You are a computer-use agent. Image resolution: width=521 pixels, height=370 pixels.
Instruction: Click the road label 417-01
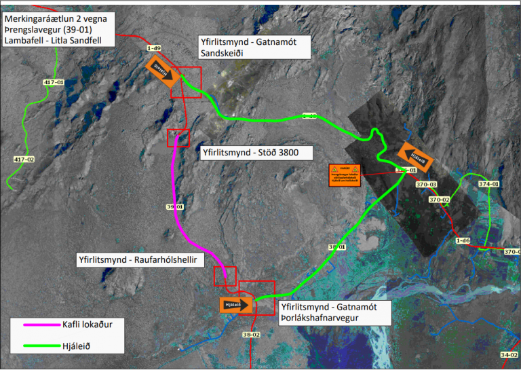pos(53,82)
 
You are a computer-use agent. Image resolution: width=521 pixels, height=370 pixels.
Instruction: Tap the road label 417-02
pos(24,159)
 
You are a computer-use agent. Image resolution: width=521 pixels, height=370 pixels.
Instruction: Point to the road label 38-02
pos(252,335)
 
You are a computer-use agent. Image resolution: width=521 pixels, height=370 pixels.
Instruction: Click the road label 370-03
pos(426,185)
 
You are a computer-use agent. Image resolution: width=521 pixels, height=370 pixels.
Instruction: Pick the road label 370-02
pos(440,200)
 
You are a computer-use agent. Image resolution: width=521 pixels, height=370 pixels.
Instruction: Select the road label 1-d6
pos(463,240)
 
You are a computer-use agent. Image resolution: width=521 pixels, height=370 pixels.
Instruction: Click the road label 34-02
pos(509,355)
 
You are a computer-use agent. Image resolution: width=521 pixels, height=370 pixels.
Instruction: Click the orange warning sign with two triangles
pos(345,175)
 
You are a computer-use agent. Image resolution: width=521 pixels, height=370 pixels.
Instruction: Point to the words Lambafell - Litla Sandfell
pos(58,40)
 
